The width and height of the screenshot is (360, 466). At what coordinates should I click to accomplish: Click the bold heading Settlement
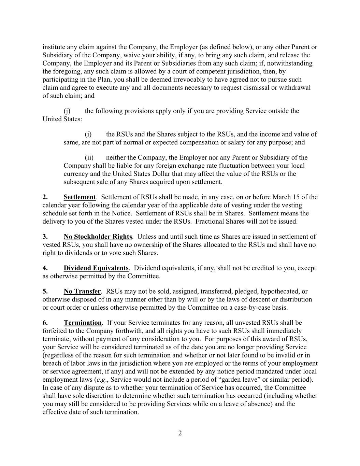[80, 197]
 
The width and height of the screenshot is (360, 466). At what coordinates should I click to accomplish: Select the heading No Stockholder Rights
[98, 237]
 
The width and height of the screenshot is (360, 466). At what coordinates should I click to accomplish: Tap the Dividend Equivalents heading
[96, 268]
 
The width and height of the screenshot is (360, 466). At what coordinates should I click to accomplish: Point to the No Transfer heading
[82, 292]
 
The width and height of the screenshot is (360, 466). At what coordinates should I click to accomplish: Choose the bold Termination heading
[83, 323]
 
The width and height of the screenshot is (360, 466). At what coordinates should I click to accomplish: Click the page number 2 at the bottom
[180, 434]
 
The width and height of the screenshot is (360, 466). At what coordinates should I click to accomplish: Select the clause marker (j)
[67, 111]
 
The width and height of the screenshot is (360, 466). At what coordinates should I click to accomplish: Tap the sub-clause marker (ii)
[89, 158]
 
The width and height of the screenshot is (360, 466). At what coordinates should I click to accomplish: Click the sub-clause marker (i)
[88, 135]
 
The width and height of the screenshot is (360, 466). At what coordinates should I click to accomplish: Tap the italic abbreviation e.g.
[102, 380]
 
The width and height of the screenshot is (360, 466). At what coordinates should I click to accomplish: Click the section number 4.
[45, 268]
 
